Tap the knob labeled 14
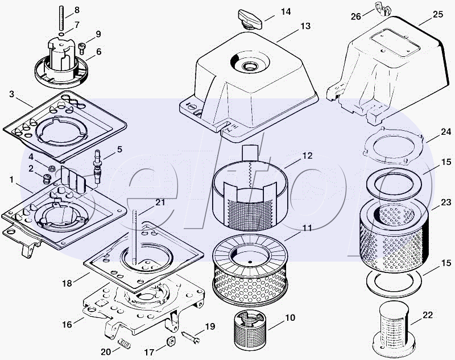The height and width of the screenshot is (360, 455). [x=250, y=19]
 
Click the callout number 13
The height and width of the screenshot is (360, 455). [x=305, y=26]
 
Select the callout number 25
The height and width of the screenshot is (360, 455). [x=438, y=14]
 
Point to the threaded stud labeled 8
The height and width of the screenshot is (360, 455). [x=61, y=18]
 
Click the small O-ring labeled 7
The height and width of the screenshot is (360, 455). [x=61, y=35]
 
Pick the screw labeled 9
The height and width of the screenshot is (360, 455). [x=81, y=48]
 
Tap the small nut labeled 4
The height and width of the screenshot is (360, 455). [x=52, y=168]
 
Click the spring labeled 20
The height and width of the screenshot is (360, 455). [x=124, y=345]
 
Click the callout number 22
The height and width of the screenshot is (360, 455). [x=428, y=315]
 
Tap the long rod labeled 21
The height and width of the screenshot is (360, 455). [x=134, y=237]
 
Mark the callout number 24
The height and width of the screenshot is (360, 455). [x=445, y=132]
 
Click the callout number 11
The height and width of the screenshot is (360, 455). [x=307, y=228]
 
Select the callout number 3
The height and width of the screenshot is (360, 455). [x=11, y=94]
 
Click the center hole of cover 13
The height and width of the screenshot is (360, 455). [x=250, y=66]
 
